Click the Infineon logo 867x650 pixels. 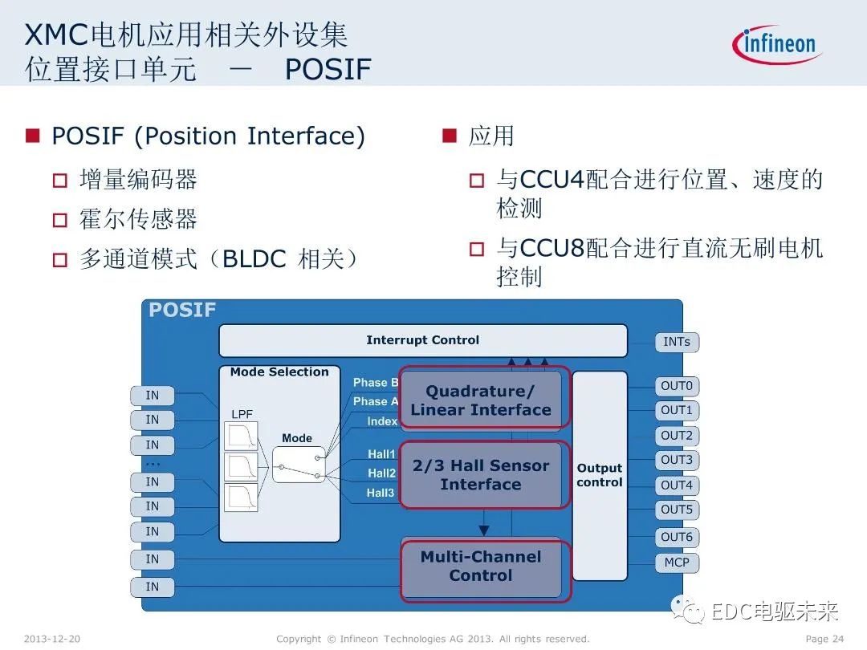[777, 44]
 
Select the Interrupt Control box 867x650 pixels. [422, 340]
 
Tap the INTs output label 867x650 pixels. [677, 342]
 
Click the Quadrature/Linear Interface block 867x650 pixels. [481, 400]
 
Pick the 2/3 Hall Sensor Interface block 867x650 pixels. [481, 475]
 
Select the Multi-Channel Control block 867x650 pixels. [481, 567]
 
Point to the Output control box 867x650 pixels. [599, 475]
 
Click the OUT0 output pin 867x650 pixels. [677, 386]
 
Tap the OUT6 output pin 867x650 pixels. [677, 537]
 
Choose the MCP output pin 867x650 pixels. [677, 563]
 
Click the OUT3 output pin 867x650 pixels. [677, 461]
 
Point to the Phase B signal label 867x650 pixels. [376, 383]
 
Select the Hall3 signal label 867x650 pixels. [381, 493]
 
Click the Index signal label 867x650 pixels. [382, 421]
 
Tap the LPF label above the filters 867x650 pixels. [242, 414]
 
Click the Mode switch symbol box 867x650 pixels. [299, 465]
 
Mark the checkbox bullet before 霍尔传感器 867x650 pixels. [60, 220]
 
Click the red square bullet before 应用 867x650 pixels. [449, 136]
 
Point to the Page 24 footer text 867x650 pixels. [824, 639]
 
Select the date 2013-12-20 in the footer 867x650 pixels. [52, 639]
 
